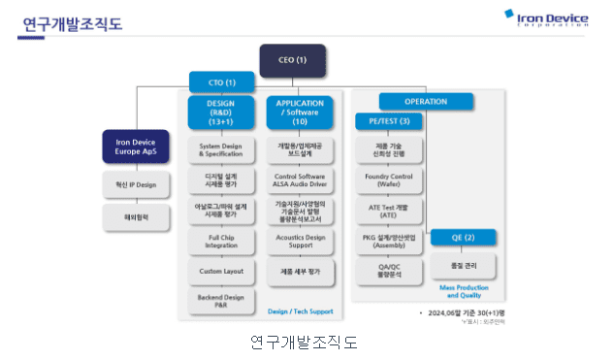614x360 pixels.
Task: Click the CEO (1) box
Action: point(292,60)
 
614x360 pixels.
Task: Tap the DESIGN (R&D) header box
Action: point(223,112)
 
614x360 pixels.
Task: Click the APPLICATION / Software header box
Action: point(299,112)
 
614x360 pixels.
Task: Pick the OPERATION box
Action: point(426,101)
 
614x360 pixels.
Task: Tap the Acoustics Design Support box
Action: point(300,240)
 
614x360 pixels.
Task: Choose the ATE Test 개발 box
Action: point(388,209)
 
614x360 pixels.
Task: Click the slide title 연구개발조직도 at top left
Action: point(72,23)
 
